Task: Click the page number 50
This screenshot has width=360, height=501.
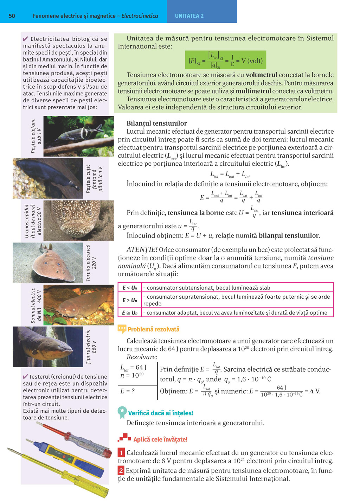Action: point(12,16)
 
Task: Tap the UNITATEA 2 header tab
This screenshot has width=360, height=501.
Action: point(189,16)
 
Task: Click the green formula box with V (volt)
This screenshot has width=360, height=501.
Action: point(225,60)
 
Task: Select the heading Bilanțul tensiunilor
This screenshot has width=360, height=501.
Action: point(156,123)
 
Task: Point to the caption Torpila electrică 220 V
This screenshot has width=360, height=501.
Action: point(91,263)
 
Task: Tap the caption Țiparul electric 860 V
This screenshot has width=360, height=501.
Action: point(91,347)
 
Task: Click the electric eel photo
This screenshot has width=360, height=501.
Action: point(47,347)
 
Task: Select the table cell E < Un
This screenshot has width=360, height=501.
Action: point(130,287)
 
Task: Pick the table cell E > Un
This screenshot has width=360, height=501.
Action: point(130,300)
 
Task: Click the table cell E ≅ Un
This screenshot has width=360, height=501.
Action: point(130,313)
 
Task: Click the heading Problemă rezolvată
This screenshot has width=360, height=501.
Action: point(153,329)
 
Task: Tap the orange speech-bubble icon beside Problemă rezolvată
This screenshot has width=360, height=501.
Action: point(122,329)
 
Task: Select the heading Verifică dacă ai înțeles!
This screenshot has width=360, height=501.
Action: point(160,413)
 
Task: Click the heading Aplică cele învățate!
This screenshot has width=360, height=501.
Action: point(160,439)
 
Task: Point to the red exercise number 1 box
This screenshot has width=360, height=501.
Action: point(121,453)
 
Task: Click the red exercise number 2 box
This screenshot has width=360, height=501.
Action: point(121,470)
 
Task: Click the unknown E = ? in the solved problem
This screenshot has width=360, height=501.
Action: point(127,391)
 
